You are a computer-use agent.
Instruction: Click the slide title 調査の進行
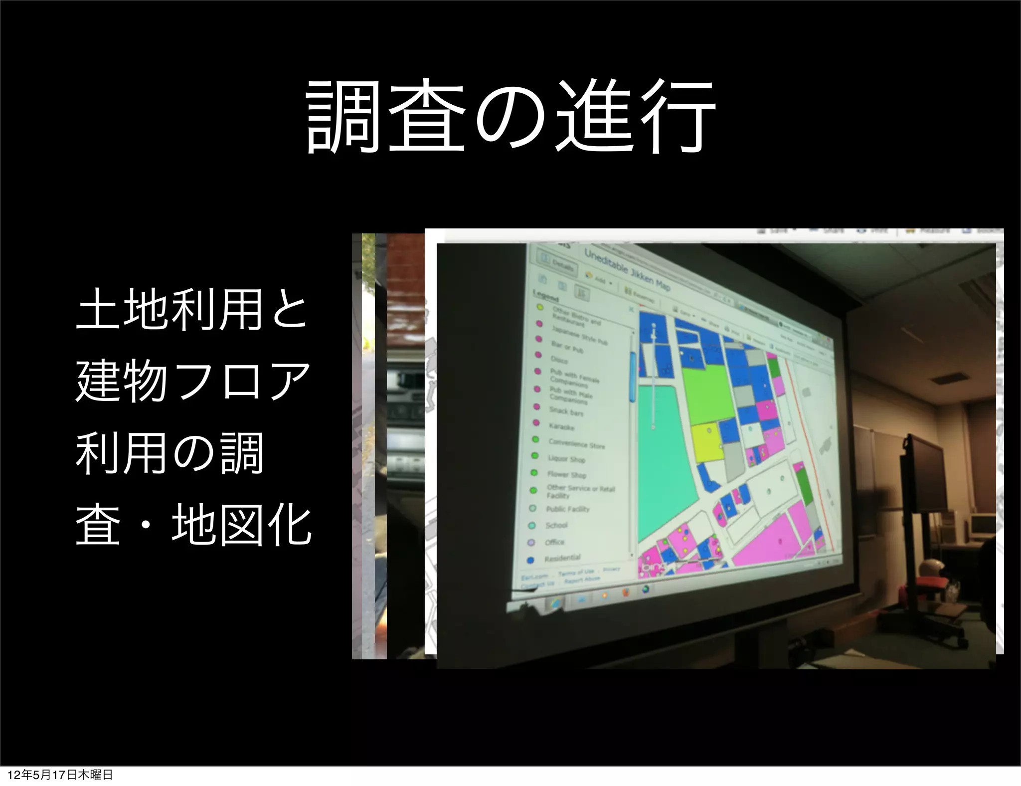click(510, 118)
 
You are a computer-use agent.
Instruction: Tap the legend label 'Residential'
click(562, 557)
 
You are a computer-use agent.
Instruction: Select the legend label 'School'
click(556, 525)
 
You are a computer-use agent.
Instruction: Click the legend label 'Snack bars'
click(566, 411)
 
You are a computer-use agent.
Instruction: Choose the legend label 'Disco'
click(559, 359)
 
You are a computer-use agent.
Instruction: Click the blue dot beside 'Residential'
click(530, 560)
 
